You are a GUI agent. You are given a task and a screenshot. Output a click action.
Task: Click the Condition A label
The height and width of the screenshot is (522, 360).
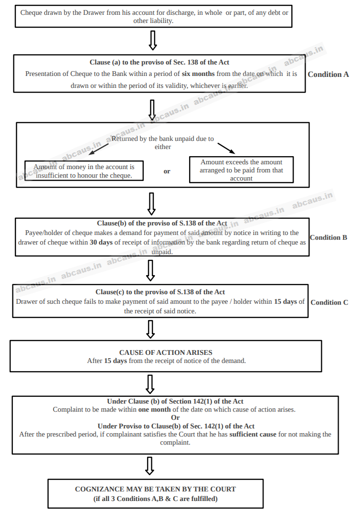(x=328, y=75)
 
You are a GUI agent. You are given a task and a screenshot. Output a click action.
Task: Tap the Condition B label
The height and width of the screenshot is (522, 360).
(x=328, y=237)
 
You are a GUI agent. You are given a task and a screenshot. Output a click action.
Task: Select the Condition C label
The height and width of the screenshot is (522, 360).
(x=329, y=302)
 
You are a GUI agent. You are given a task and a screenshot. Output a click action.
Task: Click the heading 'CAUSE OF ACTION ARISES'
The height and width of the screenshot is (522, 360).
(x=166, y=352)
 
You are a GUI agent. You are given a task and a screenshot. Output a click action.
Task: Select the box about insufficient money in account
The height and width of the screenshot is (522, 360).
(x=84, y=171)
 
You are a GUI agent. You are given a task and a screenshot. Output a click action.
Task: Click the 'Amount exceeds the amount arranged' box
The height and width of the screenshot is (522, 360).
(x=241, y=170)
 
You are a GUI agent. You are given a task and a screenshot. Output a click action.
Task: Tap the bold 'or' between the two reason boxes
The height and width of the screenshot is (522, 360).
(x=167, y=171)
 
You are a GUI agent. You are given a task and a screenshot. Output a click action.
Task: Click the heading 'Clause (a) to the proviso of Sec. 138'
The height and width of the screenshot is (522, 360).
(x=159, y=63)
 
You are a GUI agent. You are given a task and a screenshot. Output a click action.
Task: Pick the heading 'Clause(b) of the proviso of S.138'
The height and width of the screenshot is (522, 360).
(x=162, y=224)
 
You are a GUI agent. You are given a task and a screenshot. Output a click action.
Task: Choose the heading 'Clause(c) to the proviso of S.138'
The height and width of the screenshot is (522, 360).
(x=160, y=292)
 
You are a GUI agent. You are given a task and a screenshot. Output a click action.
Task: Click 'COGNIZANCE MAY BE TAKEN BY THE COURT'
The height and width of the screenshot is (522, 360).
(x=156, y=489)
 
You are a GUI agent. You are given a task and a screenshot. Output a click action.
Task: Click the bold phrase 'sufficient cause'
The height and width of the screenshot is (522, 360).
(x=253, y=434)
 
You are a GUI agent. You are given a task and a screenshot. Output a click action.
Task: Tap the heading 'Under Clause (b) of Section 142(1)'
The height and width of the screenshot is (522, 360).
(x=175, y=402)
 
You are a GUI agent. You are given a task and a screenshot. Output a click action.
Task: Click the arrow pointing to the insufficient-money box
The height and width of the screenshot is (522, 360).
(x=99, y=149)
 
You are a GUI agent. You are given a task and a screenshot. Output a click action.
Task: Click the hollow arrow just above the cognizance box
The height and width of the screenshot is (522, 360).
(x=149, y=466)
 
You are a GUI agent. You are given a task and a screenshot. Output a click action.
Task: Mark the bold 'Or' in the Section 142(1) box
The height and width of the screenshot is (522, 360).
(x=176, y=418)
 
